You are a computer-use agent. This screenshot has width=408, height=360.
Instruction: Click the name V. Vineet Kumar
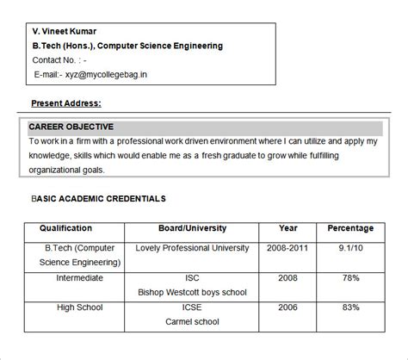65,30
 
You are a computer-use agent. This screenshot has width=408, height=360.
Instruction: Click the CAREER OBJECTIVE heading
71,127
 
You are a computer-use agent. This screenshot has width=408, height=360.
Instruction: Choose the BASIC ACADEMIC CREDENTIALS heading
98,199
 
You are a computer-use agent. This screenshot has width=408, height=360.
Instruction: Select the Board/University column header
192,228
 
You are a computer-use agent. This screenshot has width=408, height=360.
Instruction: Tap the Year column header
288,228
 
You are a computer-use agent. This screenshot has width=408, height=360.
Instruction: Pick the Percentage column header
350,228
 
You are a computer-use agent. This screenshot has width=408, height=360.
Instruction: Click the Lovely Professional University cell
193,248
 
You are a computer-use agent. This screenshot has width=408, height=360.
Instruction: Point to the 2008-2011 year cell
288,248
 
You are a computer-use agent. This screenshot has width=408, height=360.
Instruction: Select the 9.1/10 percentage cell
350,248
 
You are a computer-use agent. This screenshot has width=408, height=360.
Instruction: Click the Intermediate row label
79,278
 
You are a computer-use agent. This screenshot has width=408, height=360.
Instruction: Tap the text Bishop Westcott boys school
192,293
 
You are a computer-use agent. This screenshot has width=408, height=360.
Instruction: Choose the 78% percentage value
350,278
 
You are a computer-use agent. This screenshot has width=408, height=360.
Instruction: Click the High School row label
79,307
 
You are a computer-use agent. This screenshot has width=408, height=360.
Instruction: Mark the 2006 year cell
288,307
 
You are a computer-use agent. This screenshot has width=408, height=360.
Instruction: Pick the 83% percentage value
350,307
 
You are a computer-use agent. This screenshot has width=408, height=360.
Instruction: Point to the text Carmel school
192,322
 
